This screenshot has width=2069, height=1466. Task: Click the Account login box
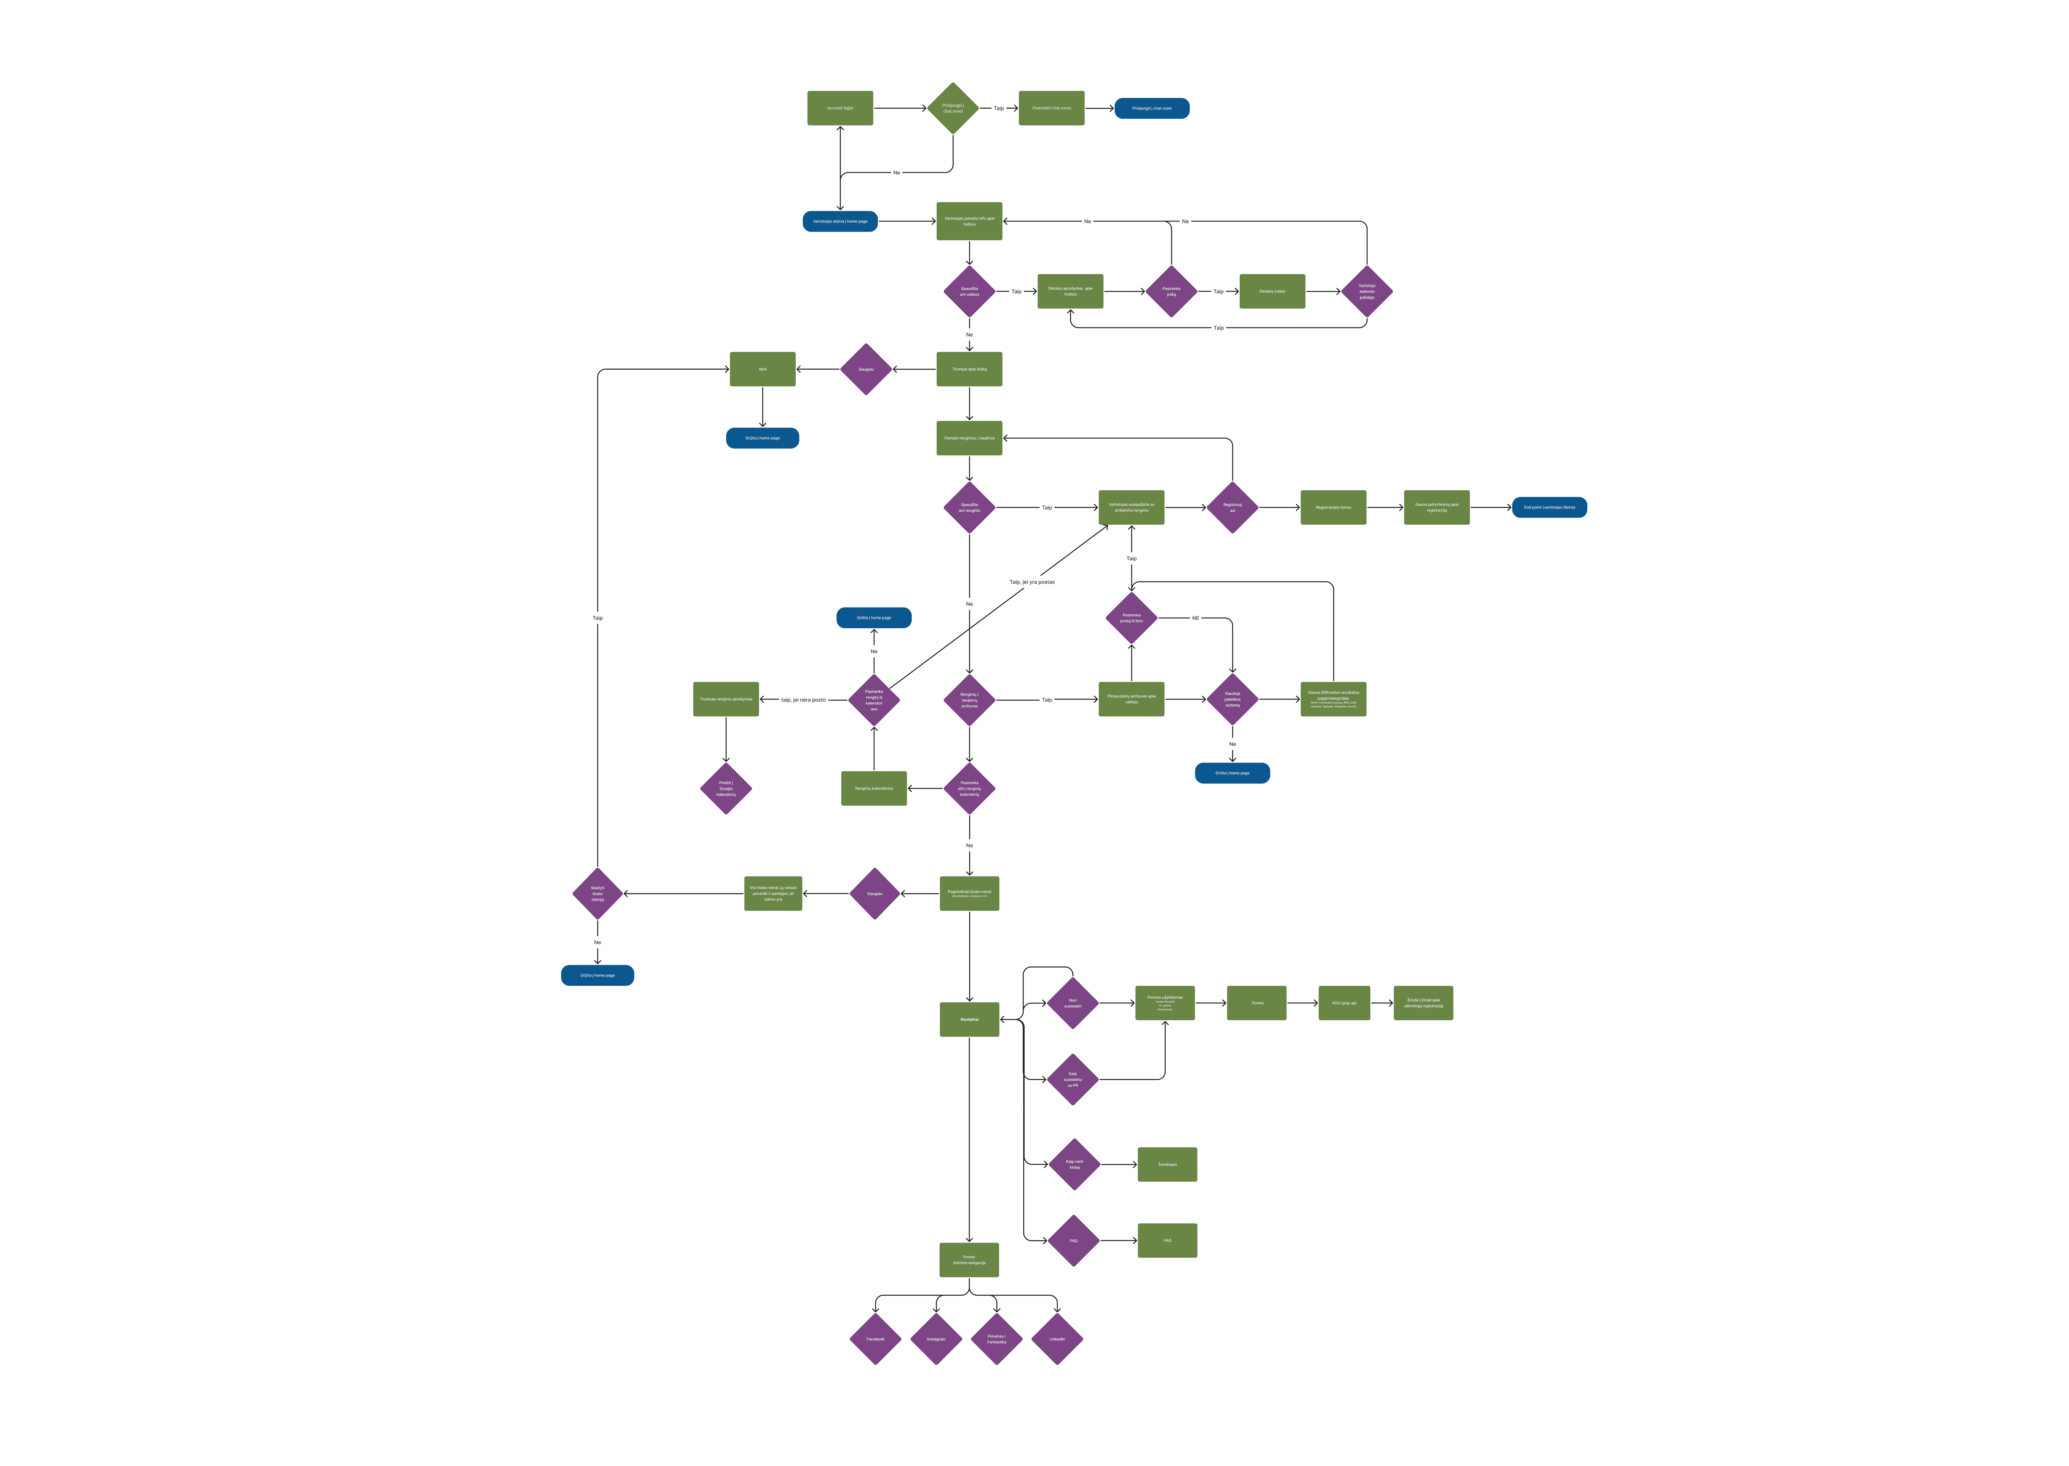(839, 108)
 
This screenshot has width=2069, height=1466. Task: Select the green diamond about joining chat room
(952, 108)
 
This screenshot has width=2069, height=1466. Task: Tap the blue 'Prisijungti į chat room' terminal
(1152, 108)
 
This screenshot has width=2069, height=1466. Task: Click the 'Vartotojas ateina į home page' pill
(839, 221)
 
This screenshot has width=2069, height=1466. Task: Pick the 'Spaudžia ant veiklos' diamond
(968, 292)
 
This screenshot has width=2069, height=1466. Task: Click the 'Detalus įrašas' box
(1272, 292)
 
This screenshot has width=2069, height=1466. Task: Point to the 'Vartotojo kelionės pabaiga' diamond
(1367, 292)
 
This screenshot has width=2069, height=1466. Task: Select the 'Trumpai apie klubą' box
(968, 369)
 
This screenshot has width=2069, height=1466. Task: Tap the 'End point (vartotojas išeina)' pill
(1549, 507)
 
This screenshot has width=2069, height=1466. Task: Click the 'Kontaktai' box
(968, 1019)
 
